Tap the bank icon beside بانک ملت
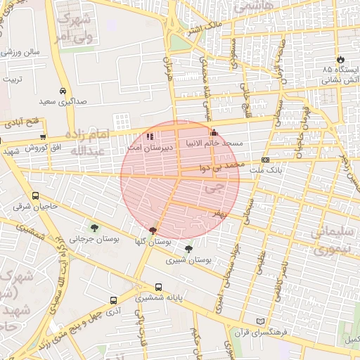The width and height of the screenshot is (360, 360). click(264, 160)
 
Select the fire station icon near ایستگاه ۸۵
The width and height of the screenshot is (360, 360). click(342, 58)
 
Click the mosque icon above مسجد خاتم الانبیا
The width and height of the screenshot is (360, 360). click(214, 132)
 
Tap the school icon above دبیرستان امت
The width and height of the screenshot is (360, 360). click(149, 136)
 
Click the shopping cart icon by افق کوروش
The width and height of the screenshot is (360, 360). click(44, 137)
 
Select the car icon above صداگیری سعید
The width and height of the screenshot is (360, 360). click(63, 91)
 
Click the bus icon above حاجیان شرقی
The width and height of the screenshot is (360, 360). click(35, 196)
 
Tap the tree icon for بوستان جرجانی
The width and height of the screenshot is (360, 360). click(94, 227)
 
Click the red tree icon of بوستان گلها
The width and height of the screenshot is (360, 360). click(153, 230)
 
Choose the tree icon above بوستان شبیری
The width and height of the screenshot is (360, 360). click(188, 248)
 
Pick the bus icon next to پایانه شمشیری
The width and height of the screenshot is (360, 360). click(158, 287)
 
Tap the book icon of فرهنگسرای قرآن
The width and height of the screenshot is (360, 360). click(262, 321)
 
